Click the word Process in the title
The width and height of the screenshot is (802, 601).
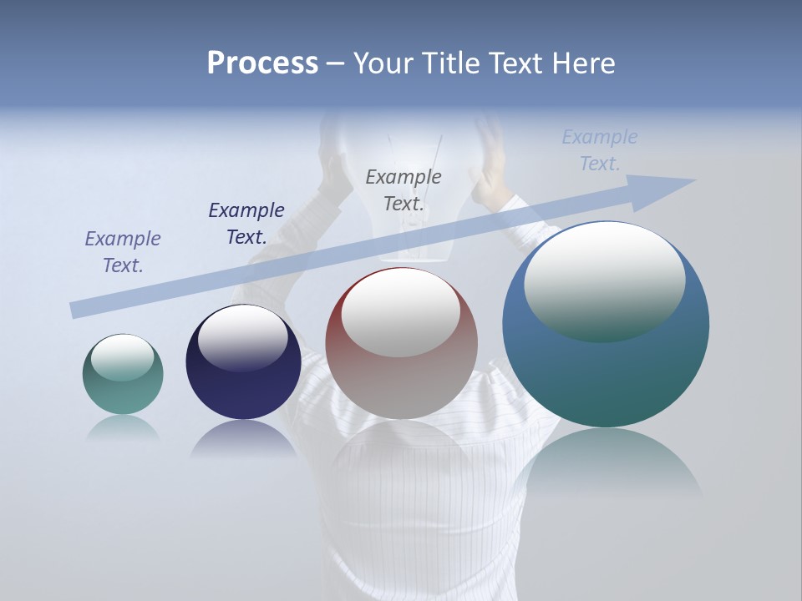click(x=262, y=63)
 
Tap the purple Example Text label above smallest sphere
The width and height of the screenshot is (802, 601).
click(x=123, y=252)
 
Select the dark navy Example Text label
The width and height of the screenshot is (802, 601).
click(x=246, y=224)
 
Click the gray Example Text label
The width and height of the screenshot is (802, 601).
click(x=404, y=189)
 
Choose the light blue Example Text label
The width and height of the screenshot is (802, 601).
click(x=600, y=150)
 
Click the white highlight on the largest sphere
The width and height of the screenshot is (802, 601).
click(x=604, y=280)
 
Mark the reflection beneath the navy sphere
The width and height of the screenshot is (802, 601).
click(x=243, y=438)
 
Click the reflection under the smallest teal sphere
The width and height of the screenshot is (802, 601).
click(x=123, y=429)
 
